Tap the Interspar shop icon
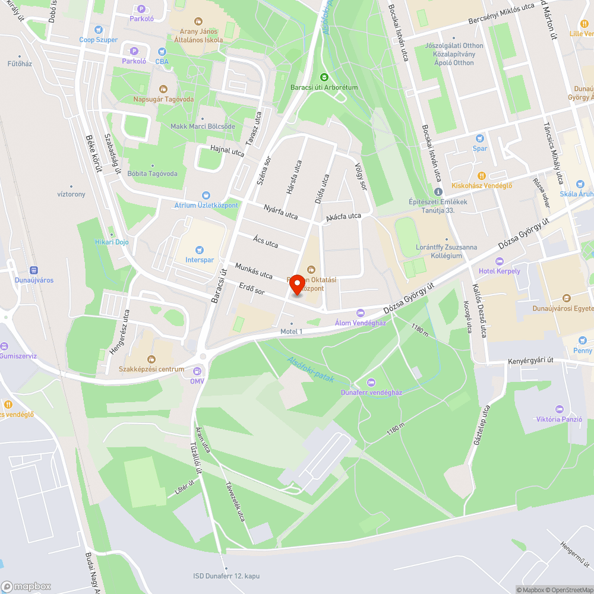tap(200, 249)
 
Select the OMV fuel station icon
tap(197, 370)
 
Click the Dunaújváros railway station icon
tap(33, 269)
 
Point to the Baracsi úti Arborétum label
tap(324, 87)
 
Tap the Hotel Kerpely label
tap(500, 271)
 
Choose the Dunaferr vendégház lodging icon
tap(371, 382)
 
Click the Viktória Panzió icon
tap(559, 409)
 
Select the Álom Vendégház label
tap(360, 323)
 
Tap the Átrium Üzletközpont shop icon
tap(206, 195)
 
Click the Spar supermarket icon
tap(479, 138)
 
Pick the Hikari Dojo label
tap(112, 242)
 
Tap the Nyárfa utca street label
tap(281, 211)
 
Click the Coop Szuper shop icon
tap(99, 29)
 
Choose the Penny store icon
tap(583, 340)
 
